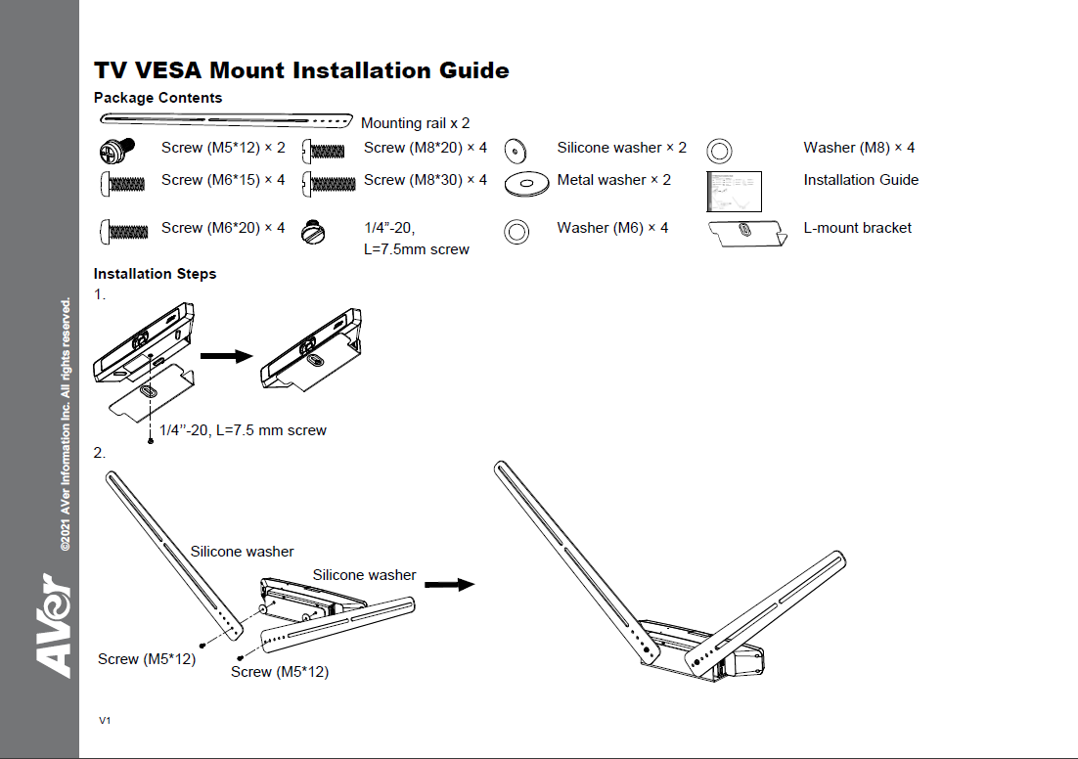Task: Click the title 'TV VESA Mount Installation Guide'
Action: tap(301, 70)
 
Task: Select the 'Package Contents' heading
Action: tap(157, 98)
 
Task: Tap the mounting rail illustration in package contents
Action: tap(226, 120)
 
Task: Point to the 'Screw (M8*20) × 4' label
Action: tap(425, 148)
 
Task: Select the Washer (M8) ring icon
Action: tap(719, 151)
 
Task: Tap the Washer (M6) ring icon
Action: tap(517, 231)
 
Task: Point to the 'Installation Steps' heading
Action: tap(155, 274)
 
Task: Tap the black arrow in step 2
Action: tap(450, 585)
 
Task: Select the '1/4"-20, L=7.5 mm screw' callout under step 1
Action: tap(243, 430)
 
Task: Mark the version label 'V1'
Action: tap(105, 720)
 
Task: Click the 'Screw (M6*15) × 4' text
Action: tap(223, 180)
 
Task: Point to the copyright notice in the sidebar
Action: tap(66, 425)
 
